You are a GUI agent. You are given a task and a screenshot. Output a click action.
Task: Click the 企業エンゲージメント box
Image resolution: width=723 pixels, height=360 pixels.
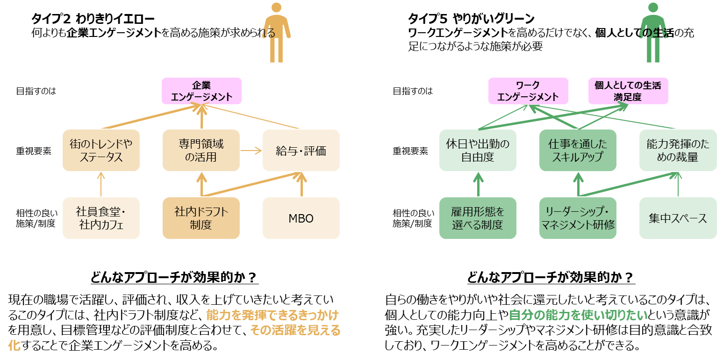click(201, 91)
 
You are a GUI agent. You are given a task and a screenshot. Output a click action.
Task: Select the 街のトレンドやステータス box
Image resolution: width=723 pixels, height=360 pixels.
click(101, 151)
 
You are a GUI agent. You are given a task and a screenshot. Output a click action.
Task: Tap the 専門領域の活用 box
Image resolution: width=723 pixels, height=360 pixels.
click(201, 151)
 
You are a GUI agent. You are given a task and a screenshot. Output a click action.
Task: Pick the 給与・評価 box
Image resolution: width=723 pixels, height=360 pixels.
click(301, 151)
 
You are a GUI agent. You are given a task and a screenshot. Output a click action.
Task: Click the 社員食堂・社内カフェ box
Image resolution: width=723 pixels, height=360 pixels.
click(101, 218)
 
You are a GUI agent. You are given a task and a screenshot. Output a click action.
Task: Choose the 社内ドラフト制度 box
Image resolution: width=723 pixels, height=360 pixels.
click(201, 218)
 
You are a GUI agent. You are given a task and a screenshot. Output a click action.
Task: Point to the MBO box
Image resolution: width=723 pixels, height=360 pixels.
click(301, 218)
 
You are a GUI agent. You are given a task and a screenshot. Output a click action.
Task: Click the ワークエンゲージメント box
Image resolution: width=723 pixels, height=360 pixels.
click(528, 91)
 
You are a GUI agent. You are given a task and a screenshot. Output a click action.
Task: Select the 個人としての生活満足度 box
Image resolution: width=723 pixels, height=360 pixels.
click(628, 91)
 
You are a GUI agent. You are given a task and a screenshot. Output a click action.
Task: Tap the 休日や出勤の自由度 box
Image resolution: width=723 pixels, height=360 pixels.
click(478, 151)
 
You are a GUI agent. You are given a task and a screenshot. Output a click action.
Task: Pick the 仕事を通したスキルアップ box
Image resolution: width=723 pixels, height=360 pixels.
click(578, 151)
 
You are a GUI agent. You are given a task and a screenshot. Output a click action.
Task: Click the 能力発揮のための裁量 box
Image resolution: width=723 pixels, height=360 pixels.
click(678, 151)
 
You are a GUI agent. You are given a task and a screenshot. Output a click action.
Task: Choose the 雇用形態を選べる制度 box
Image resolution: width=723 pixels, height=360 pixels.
click(478, 218)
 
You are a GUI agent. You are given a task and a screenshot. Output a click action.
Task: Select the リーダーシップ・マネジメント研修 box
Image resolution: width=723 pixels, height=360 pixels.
click(578, 218)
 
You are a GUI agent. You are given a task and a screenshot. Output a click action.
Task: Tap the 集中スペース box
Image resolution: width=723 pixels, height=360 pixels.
click(678, 218)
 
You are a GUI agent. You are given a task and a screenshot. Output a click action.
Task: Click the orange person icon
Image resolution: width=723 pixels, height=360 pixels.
click(277, 33)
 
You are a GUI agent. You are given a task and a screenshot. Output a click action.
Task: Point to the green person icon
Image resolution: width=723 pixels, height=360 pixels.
click(654, 33)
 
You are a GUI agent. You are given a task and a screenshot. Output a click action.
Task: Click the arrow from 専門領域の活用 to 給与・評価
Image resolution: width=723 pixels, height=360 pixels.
click(251, 151)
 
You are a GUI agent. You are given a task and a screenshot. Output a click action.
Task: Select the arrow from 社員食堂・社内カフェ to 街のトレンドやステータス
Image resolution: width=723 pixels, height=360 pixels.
click(101, 185)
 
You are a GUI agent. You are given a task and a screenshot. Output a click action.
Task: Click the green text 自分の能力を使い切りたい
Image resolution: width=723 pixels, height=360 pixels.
click(578, 315)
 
